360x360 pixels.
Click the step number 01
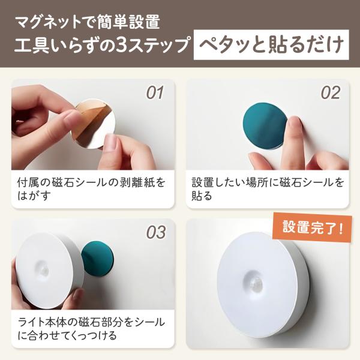click(x=155, y=93)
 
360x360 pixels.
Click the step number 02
click(x=331, y=93)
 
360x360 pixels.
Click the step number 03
click(x=156, y=232)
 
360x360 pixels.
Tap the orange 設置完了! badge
click(x=313, y=227)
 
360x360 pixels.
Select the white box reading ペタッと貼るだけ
click(x=271, y=45)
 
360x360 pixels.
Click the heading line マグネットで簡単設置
click(x=88, y=22)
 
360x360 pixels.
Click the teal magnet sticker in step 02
click(x=265, y=126)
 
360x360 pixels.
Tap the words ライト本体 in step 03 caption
click(x=43, y=322)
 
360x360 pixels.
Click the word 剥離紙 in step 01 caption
click(x=135, y=182)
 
